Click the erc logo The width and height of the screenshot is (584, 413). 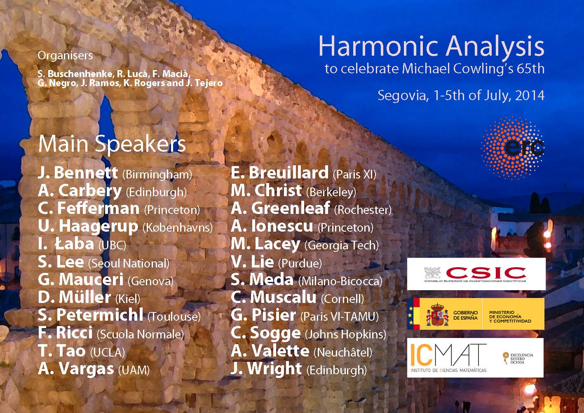click(512, 148)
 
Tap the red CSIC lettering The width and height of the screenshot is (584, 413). click(486, 273)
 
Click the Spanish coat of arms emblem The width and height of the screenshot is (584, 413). click(437, 315)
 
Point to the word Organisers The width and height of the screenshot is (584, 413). click(65, 56)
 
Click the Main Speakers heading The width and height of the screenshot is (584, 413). click(112, 144)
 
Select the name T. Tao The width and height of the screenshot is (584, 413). click(62, 350)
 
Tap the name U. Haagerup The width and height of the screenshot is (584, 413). click(88, 227)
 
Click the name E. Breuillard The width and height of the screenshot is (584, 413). click(280, 173)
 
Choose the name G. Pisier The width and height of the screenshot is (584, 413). click(263, 315)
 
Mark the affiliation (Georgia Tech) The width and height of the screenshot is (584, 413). click(342, 245)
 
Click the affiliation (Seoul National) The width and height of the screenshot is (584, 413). click(129, 263)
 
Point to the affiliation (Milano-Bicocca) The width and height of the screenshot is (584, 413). click(340, 281)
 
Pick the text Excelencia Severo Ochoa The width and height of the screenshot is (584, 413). click(522, 358)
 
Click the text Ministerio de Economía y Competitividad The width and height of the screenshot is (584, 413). click(510, 317)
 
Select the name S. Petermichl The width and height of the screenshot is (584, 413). click(91, 314)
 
